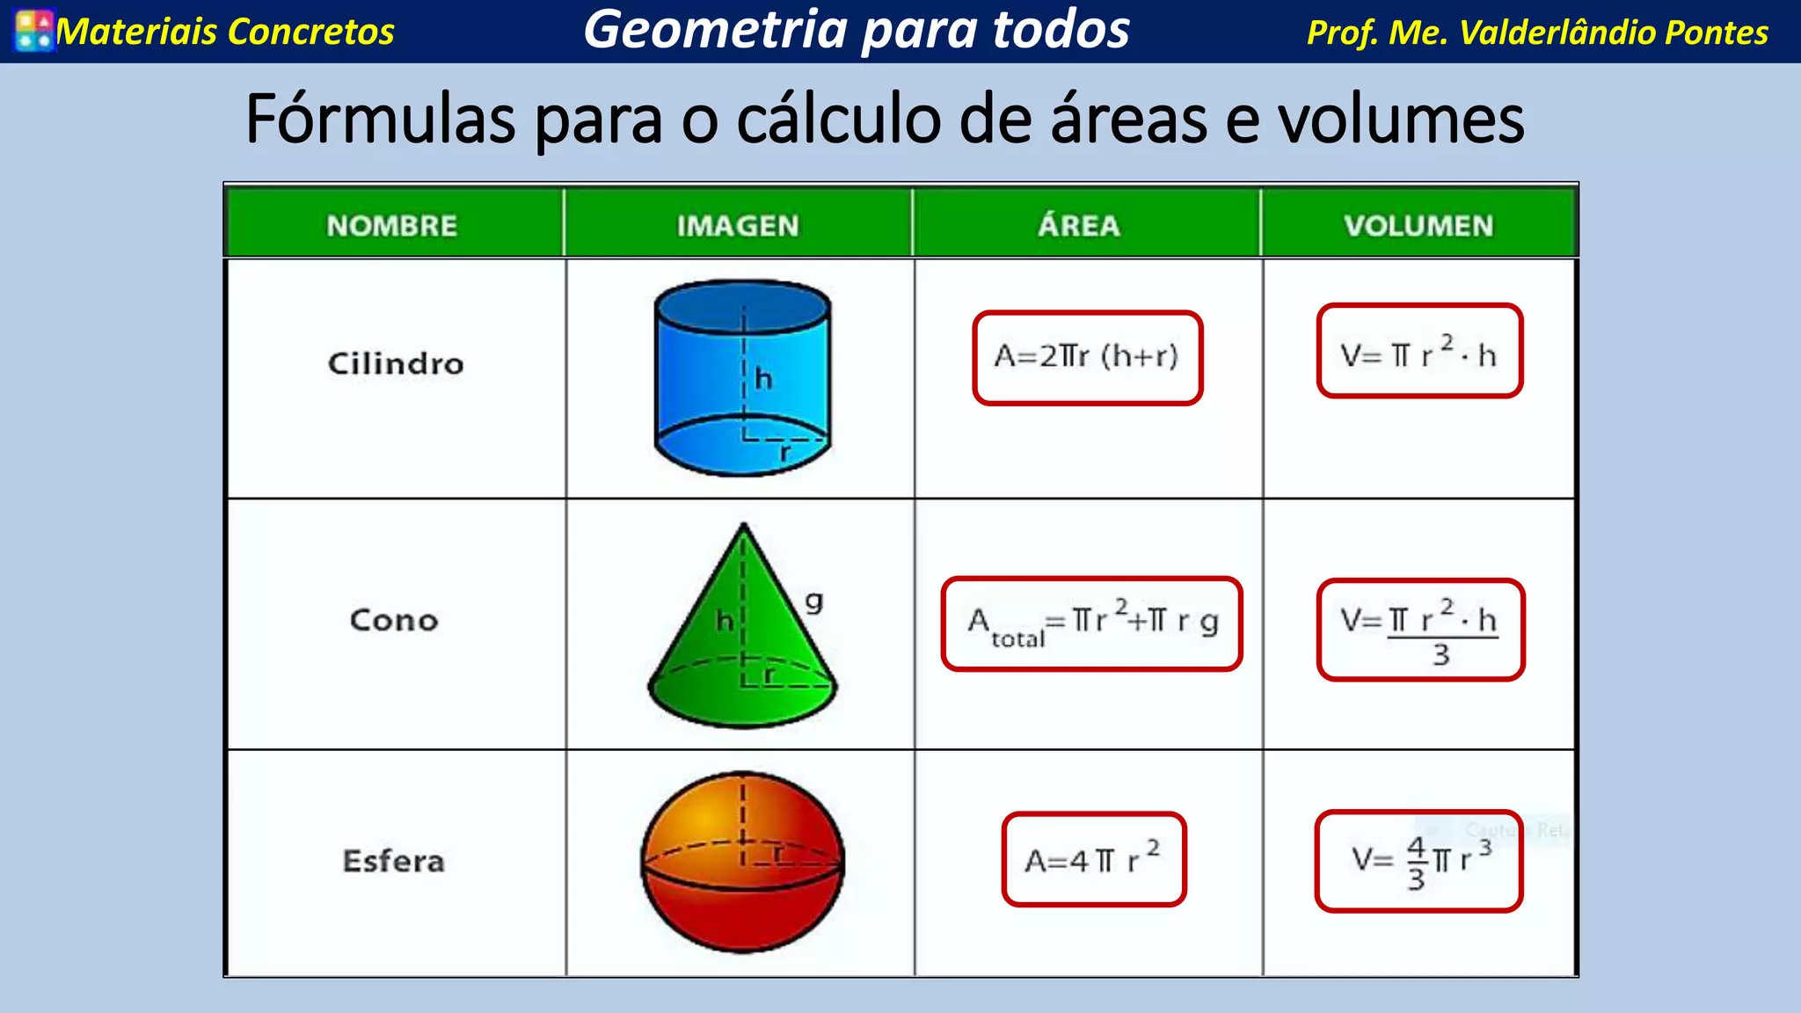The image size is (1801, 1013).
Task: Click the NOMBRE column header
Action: click(392, 226)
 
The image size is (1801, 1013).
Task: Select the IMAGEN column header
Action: click(738, 226)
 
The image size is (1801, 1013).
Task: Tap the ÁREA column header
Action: click(1079, 226)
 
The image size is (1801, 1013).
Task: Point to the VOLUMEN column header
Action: click(1418, 226)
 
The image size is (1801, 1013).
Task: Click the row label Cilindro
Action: click(396, 363)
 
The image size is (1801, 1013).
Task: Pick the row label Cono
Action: click(394, 620)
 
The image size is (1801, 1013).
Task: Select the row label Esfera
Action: click(394, 861)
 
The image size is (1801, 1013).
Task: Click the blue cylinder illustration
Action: click(743, 378)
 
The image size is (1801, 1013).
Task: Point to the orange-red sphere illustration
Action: click(743, 862)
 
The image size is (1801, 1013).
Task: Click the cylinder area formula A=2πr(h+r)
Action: click(1087, 357)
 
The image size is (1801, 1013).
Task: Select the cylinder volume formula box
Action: click(1419, 352)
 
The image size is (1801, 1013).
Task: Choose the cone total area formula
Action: click(1091, 624)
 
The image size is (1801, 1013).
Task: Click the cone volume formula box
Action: click(1420, 630)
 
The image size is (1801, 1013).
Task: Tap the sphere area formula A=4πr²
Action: click(1094, 859)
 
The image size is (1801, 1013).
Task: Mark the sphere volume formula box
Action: click(1418, 861)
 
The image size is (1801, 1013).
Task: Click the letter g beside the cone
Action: click(814, 601)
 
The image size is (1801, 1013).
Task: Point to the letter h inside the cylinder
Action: click(763, 379)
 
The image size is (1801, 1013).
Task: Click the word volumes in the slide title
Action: click(1401, 120)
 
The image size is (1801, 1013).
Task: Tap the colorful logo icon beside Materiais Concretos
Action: click(34, 31)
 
